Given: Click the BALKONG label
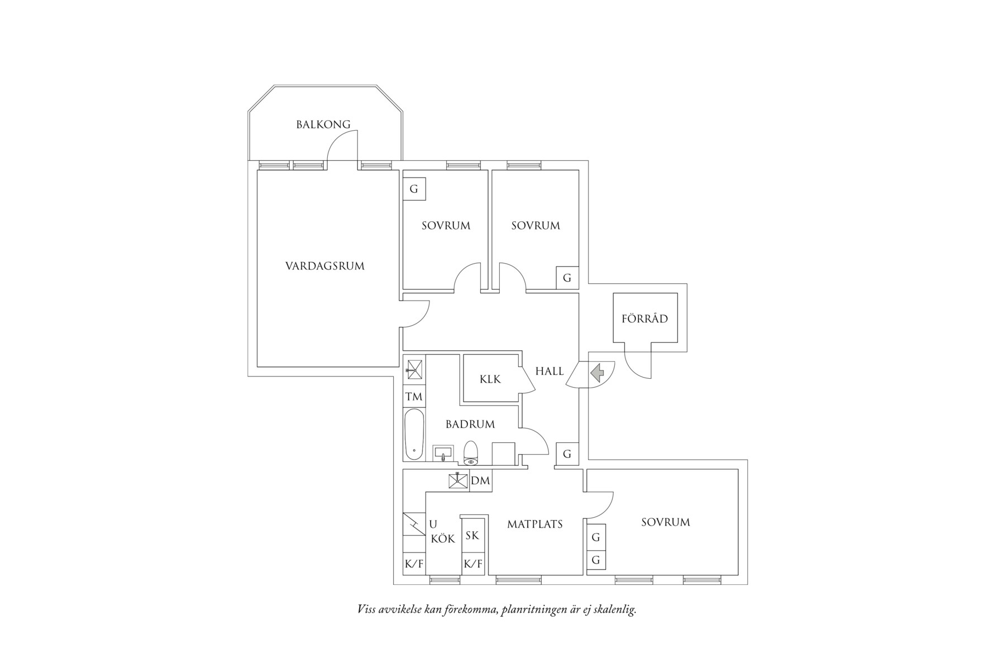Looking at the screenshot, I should (x=323, y=125).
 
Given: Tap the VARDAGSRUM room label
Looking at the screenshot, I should (x=324, y=266).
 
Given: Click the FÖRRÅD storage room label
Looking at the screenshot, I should (x=644, y=319).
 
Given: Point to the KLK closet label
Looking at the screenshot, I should (x=490, y=379).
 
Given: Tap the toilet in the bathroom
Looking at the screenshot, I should (x=471, y=453).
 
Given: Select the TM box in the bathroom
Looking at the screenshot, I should (x=414, y=397).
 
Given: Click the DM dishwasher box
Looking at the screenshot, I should (x=480, y=480).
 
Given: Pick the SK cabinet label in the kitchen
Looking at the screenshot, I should (x=472, y=536).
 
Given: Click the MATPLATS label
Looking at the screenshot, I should (x=534, y=524).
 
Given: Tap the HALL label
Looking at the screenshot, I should (x=549, y=371).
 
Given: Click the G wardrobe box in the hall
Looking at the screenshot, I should (x=567, y=454).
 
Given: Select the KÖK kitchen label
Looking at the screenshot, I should (x=443, y=539).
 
